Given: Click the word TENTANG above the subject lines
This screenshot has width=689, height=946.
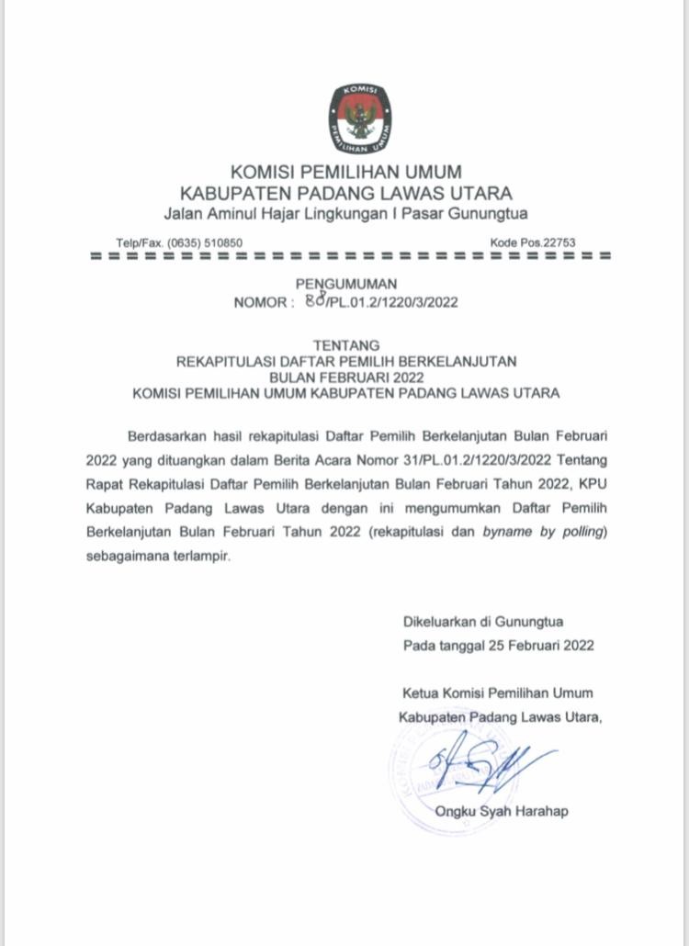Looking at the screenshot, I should tap(346, 344).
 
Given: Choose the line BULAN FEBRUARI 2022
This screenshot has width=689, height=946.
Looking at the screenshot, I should tap(346, 377).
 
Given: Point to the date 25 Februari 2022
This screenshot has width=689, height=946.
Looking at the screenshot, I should tap(538, 645).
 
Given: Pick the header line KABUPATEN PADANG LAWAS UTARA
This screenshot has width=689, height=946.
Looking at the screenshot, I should tap(345, 193).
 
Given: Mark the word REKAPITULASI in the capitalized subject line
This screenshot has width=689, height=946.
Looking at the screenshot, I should tap(230, 361).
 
